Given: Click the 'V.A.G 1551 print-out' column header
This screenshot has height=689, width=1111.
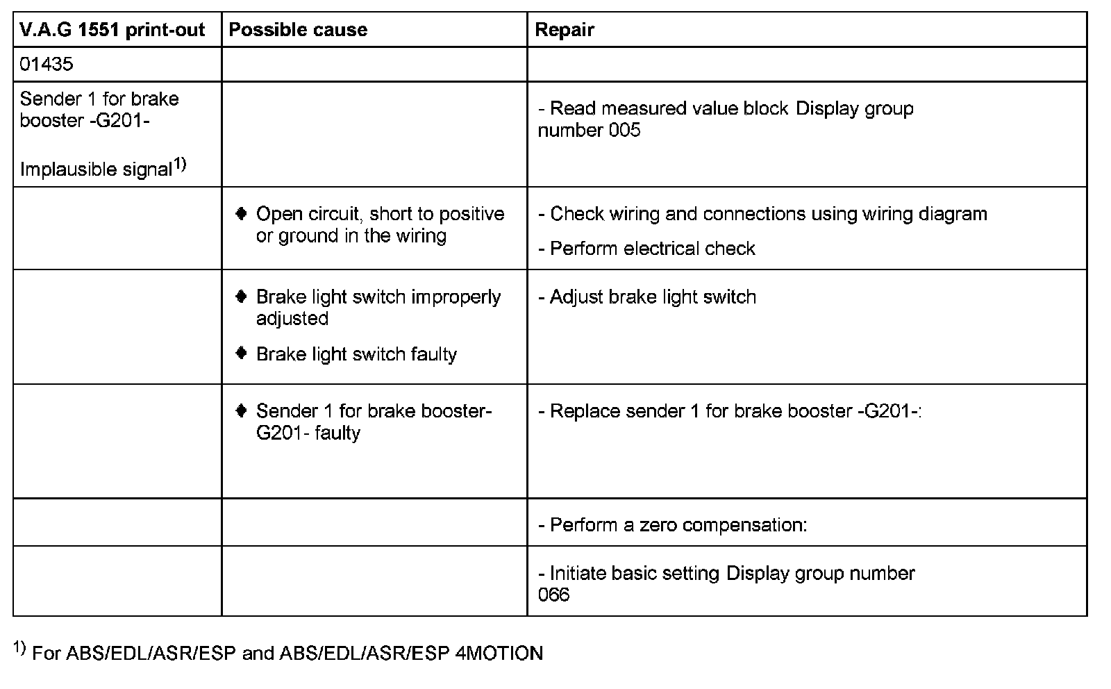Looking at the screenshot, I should [112, 30].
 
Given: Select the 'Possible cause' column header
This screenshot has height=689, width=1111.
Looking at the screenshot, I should [298, 30].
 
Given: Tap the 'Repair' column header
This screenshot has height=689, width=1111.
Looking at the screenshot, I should [565, 30].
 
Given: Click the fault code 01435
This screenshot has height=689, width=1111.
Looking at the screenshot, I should [47, 65].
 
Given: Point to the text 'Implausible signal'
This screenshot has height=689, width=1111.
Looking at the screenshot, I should [96, 169].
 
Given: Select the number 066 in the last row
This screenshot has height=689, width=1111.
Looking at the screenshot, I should [553, 595].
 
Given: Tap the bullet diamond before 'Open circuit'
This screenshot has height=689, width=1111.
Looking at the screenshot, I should [241, 213].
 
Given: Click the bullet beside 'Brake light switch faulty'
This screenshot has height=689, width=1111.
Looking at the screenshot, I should [241, 354].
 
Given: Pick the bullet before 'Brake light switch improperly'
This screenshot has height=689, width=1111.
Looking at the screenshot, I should [241, 297].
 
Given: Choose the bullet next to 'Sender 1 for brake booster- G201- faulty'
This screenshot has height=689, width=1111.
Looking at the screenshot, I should [241, 410].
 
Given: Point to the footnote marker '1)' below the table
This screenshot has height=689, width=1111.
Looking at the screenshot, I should [19, 649].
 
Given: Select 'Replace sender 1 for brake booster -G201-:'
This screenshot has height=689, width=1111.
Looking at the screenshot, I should [730, 411].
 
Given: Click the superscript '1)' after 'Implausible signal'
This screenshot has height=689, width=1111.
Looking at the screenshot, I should [180, 165].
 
